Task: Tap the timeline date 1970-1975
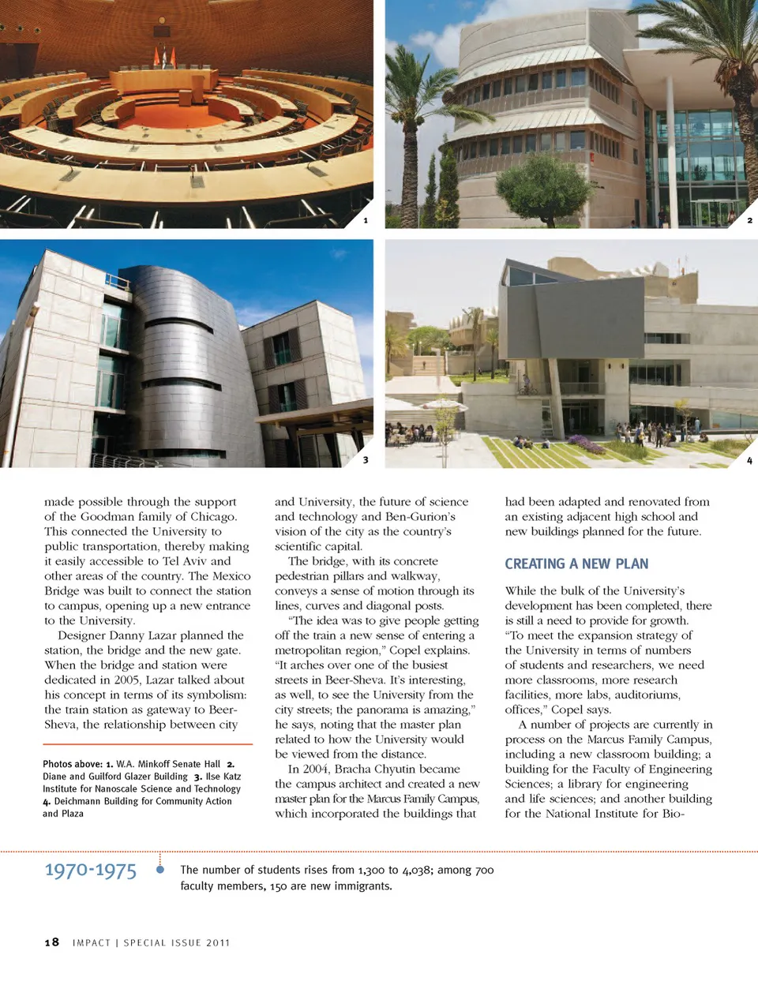[90, 871]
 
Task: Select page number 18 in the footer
[51, 942]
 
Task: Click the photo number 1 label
[365, 220]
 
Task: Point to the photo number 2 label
[749, 220]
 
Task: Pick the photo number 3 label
[365, 459]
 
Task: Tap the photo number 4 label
[749, 460]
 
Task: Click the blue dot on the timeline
[160, 870]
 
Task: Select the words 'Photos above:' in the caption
[73, 764]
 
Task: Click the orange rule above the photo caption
[148, 744]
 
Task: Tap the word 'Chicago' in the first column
[215, 516]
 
